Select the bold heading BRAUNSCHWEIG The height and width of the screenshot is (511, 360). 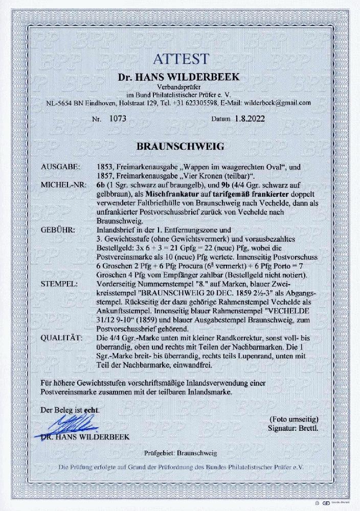pyautogui.click(x=179, y=146)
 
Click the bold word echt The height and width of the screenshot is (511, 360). pyautogui.click(x=92, y=410)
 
